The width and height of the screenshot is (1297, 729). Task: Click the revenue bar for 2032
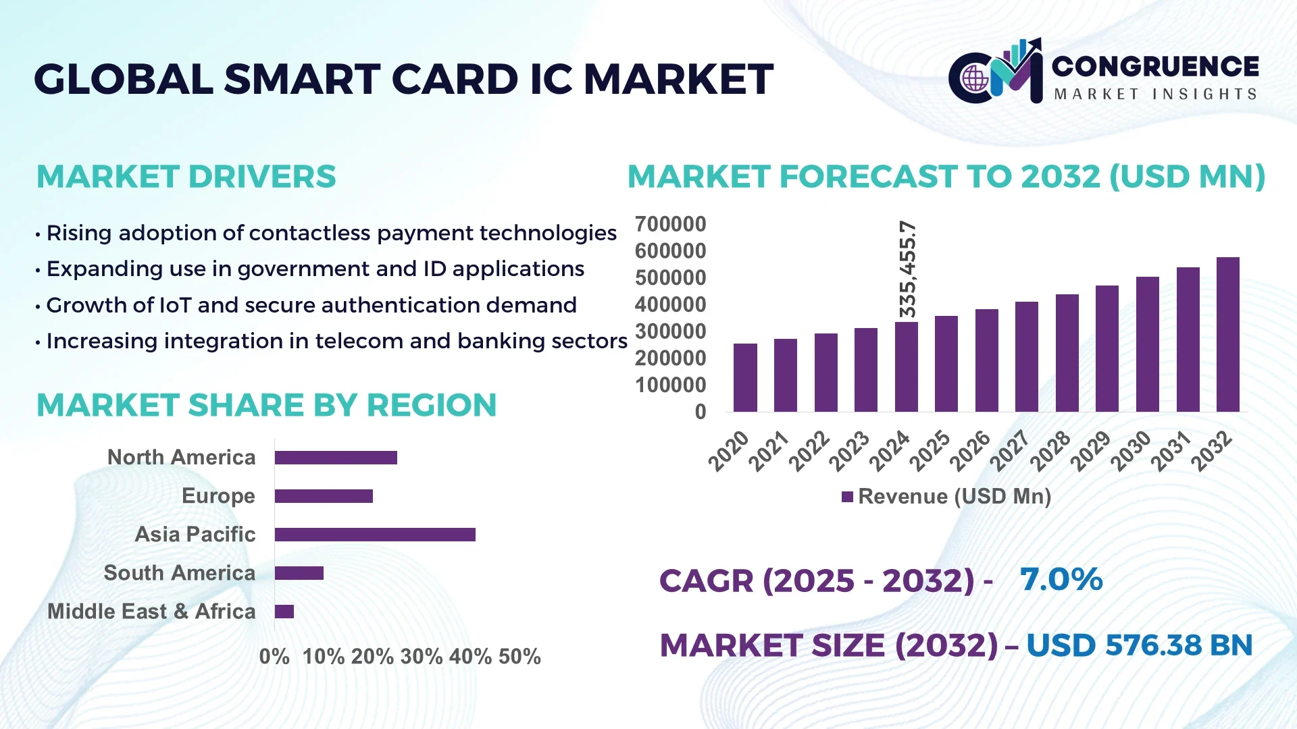[1227, 335]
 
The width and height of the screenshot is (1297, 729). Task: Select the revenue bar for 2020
[745, 377]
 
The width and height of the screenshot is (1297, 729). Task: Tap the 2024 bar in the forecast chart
[906, 367]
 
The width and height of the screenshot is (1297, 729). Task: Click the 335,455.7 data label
[908, 269]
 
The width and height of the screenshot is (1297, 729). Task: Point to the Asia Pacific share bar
[375, 535]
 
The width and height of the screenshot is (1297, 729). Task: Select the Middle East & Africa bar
[284, 612]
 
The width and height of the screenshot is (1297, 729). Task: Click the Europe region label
[218, 496]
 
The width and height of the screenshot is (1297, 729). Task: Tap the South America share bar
[299, 573]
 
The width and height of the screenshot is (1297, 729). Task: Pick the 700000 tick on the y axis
[670, 224]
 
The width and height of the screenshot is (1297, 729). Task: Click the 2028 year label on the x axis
[1051, 450]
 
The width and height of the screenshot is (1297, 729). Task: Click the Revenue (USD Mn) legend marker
[847, 497]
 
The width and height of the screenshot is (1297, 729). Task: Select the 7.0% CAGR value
[1061, 579]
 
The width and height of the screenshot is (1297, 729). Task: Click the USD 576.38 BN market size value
[1139, 645]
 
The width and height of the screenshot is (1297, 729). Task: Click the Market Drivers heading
[186, 177]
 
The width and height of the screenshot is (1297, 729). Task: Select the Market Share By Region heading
[266, 406]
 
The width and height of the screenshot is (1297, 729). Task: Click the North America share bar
[336, 458]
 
